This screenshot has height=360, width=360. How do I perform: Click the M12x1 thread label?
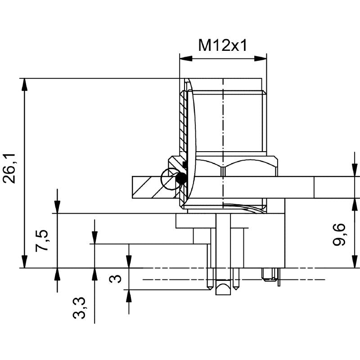(x=223, y=45)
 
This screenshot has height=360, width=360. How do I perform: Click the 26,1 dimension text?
(x=10, y=168)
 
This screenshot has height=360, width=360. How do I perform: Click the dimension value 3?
(x=116, y=279)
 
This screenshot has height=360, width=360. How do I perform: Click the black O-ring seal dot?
(x=181, y=179)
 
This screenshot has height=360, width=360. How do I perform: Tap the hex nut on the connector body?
(x=234, y=166)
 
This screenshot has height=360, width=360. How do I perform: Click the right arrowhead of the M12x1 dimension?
(x=261, y=58)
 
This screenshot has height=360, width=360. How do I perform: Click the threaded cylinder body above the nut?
(x=229, y=121)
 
